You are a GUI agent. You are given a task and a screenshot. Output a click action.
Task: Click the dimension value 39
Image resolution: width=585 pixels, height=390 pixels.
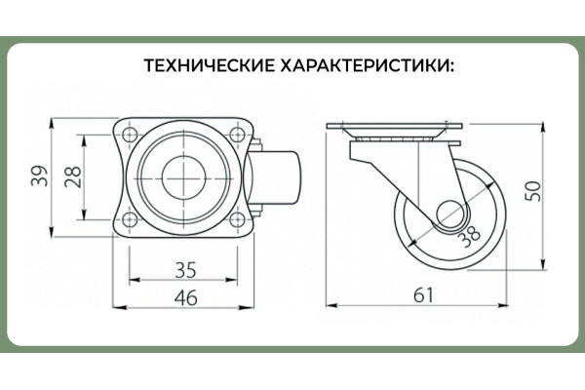coord(40,175)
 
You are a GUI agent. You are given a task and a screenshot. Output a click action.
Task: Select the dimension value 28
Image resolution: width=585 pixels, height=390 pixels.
coord(73,176)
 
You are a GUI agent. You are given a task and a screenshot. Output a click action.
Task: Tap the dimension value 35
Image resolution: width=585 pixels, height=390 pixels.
coord(185,270)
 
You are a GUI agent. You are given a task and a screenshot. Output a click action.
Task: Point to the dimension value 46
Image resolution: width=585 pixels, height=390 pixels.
coord(186,297)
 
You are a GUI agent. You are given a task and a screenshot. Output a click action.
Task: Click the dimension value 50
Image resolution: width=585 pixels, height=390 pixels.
coord(533,191)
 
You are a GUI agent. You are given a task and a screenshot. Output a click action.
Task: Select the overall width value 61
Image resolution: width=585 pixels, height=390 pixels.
coord(424,295)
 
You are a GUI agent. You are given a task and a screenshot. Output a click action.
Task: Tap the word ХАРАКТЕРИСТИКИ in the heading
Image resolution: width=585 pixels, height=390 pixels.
coord(368,65)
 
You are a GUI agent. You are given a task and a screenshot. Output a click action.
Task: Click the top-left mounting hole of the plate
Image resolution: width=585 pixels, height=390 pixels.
coord(129,135)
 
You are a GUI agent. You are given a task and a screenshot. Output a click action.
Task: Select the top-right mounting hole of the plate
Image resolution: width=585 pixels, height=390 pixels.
coord(237,135)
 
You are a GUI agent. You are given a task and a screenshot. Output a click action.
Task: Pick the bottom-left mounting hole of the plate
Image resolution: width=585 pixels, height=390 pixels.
coord(129,219)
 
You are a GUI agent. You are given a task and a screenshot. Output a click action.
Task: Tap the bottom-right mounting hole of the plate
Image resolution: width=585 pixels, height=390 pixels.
coord(237,219)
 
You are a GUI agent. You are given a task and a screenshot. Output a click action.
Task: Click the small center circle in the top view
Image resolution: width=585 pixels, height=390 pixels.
coord(183,176)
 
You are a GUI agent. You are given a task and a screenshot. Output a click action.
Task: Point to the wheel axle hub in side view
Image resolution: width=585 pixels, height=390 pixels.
coord(452,217)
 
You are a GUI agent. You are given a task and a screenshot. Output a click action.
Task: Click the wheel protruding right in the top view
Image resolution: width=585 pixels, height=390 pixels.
coord(275,177)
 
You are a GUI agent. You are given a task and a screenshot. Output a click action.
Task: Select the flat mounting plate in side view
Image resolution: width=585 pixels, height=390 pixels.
coord(394,127)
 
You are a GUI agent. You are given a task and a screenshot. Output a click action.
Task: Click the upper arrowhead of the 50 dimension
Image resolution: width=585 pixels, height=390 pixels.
coord(544,129)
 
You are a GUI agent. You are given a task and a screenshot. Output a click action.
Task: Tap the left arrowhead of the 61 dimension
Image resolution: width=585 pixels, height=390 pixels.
coord(332,305)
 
